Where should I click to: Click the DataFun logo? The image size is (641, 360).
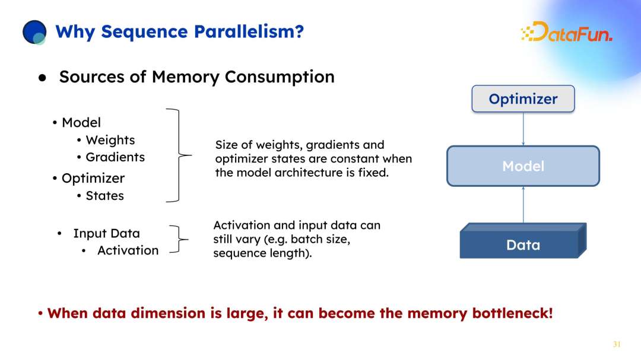tap(566, 32)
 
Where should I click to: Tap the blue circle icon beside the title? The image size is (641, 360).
tap(34, 32)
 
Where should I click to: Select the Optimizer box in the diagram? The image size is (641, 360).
tap(523, 99)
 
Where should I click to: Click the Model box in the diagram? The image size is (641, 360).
tap(523, 166)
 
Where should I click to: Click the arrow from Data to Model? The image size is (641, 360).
tap(523, 205)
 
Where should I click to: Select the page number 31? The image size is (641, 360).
tap(616, 345)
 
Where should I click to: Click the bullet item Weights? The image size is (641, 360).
tap(110, 140)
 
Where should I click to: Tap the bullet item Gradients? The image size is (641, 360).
tap(115, 157)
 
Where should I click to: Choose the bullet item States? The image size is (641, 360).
tap(104, 196)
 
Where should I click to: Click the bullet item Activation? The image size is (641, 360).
tap(128, 250)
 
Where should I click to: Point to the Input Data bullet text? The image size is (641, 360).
tap(106, 233)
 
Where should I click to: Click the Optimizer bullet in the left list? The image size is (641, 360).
tap(93, 178)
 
